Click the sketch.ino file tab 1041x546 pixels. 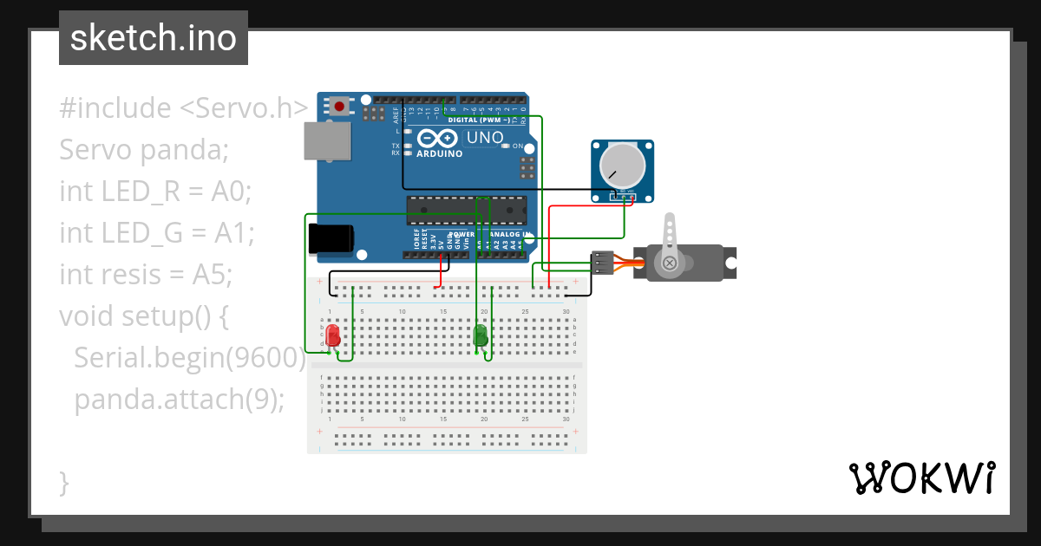[x=154, y=38]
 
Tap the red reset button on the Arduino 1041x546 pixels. [x=339, y=107]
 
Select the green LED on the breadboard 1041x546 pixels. [x=481, y=335]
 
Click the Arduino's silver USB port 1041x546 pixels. [x=327, y=140]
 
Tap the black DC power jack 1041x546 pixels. [x=331, y=239]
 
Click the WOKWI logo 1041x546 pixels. [x=921, y=478]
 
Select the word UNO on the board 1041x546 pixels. [x=485, y=138]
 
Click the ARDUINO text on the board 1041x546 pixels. [x=440, y=153]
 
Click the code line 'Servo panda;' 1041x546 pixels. [x=143, y=150]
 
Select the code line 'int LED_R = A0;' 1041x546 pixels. [x=154, y=191]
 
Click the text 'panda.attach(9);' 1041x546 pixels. [x=179, y=400]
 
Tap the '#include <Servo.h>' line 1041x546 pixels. [x=183, y=108]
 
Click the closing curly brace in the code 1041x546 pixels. [x=64, y=482]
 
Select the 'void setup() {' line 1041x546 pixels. [x=143, y=316]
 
